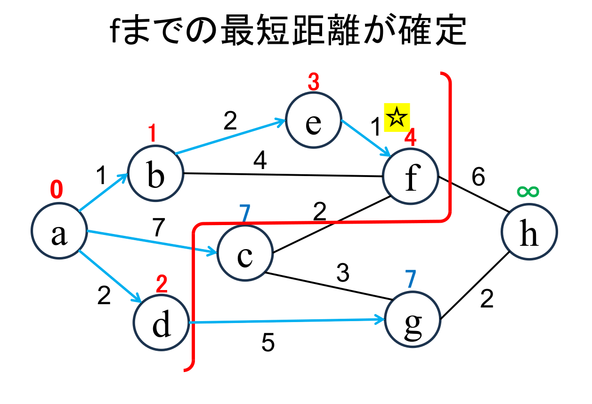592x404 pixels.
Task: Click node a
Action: [59, 232]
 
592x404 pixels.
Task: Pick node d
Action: [162, 324]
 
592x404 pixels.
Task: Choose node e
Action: [313, 121]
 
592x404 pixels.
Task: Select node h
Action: [529, 232]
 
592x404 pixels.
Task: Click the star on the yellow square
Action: [397, 117]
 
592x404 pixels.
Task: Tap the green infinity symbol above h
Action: [527, 191]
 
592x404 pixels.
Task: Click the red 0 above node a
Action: [56, 190]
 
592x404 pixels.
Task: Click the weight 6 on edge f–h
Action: [478, 178]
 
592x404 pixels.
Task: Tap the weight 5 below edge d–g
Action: [268, 344]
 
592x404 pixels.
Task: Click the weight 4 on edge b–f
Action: [260, 162]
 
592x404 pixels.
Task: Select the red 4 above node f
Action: [410, 138]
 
